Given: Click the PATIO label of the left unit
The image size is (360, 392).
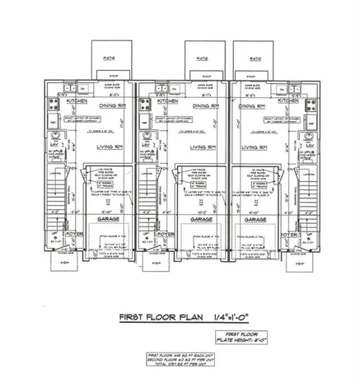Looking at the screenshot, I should click(x=108, y=59).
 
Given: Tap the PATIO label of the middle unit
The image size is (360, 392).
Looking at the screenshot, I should click(x=201, y=59).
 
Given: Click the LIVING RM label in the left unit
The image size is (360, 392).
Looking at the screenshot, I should click(x=109, y=148).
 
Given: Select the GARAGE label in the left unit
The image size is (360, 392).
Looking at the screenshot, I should click(x=109, y=222).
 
